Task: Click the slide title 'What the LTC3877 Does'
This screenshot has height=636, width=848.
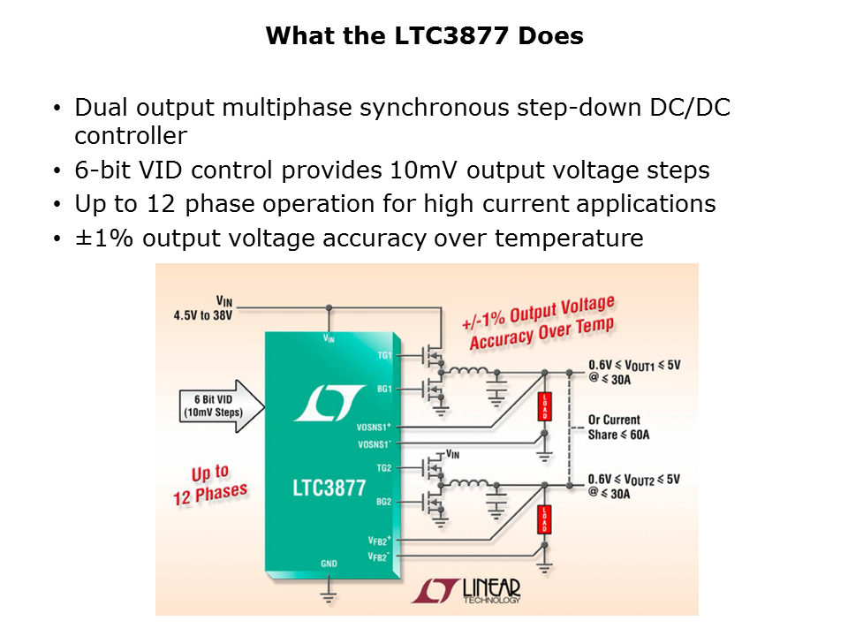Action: point(424,36)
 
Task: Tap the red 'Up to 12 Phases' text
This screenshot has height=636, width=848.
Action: point(210,484)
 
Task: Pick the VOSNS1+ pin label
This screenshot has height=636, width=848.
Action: point(374,426)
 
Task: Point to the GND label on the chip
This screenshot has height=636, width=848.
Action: point(329,564)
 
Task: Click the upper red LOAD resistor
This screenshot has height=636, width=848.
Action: point(544,407)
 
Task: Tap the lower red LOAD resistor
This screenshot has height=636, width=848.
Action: point(544,519)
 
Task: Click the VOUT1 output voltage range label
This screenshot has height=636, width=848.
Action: point(634,371)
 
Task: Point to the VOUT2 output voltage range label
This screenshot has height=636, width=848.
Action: point(634,486)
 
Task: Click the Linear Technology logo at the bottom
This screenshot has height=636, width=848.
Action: point(466,591)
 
